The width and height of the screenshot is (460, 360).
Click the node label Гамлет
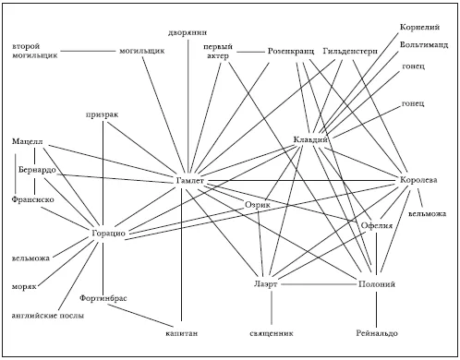190,181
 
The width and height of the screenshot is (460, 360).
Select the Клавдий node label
310,139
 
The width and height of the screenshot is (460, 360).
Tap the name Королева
418,180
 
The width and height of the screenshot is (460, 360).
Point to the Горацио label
109,234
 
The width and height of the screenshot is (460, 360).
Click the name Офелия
377,225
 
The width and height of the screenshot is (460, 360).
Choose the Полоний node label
377,284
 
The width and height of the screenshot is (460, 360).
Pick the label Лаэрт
266,284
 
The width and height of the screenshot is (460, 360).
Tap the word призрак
102,114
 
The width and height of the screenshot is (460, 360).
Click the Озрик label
258,205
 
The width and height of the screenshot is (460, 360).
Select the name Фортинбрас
103,298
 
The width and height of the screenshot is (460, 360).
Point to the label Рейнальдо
377,333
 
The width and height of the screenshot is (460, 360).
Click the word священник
272,333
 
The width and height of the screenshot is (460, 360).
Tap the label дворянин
188,32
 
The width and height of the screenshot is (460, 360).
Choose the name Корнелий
419,27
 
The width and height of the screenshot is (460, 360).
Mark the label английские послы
48,316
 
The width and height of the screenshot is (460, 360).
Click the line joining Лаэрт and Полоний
319,284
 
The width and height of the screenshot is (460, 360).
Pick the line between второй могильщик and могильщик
88,51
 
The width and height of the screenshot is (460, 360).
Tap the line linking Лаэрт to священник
272,307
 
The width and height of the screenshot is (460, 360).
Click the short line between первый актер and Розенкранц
251,52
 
